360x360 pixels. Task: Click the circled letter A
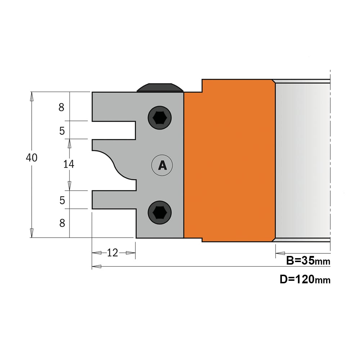[x=162, y=165]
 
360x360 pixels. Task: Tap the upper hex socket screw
[x=159, y=118]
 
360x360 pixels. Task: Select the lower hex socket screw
[x=159, y=212]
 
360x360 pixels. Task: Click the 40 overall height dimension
[x=31, y=158]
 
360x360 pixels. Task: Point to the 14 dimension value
[x=69, y=164]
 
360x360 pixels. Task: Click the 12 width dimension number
[x=112, y=253]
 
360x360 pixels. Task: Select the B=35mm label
[x=308, y=261]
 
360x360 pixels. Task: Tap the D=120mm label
[x=305, y=279]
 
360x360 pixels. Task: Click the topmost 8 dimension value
[x=61, y=107]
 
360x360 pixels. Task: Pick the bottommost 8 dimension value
[x=62, y=223]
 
